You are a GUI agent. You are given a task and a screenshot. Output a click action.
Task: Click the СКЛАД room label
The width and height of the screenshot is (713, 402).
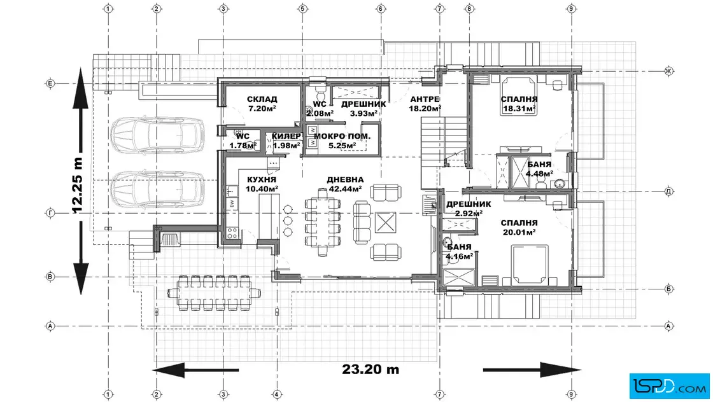coord(262,99)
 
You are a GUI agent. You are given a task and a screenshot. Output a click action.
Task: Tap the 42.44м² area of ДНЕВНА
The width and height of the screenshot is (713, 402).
coord(344,189)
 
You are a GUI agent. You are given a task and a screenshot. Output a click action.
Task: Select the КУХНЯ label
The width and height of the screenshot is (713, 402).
coord(262,179)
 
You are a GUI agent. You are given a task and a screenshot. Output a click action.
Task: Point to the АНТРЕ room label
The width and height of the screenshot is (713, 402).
coord(425,99)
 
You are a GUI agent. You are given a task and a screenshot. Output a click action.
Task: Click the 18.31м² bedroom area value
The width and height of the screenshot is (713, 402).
coord(519,109)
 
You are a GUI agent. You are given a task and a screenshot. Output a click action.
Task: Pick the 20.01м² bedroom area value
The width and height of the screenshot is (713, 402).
coord(519,232)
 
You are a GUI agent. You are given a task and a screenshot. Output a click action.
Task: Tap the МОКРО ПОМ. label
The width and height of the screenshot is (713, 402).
coord(342,136)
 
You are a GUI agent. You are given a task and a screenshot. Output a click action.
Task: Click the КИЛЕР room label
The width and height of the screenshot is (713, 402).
coord(286,136)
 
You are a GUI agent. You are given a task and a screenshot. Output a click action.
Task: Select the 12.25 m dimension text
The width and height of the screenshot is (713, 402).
coord(77,185)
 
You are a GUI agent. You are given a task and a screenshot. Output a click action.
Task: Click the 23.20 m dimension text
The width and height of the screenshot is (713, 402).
coord(371,369)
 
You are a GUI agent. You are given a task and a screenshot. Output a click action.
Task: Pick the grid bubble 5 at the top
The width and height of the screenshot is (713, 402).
coord(303,9)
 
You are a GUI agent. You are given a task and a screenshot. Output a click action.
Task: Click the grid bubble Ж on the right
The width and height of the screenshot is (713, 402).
coord(668,71)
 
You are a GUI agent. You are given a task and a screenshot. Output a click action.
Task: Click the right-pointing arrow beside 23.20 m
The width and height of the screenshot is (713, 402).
coord(532,370)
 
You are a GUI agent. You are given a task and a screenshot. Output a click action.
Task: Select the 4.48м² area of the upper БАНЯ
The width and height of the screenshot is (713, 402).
coord(539,174)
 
